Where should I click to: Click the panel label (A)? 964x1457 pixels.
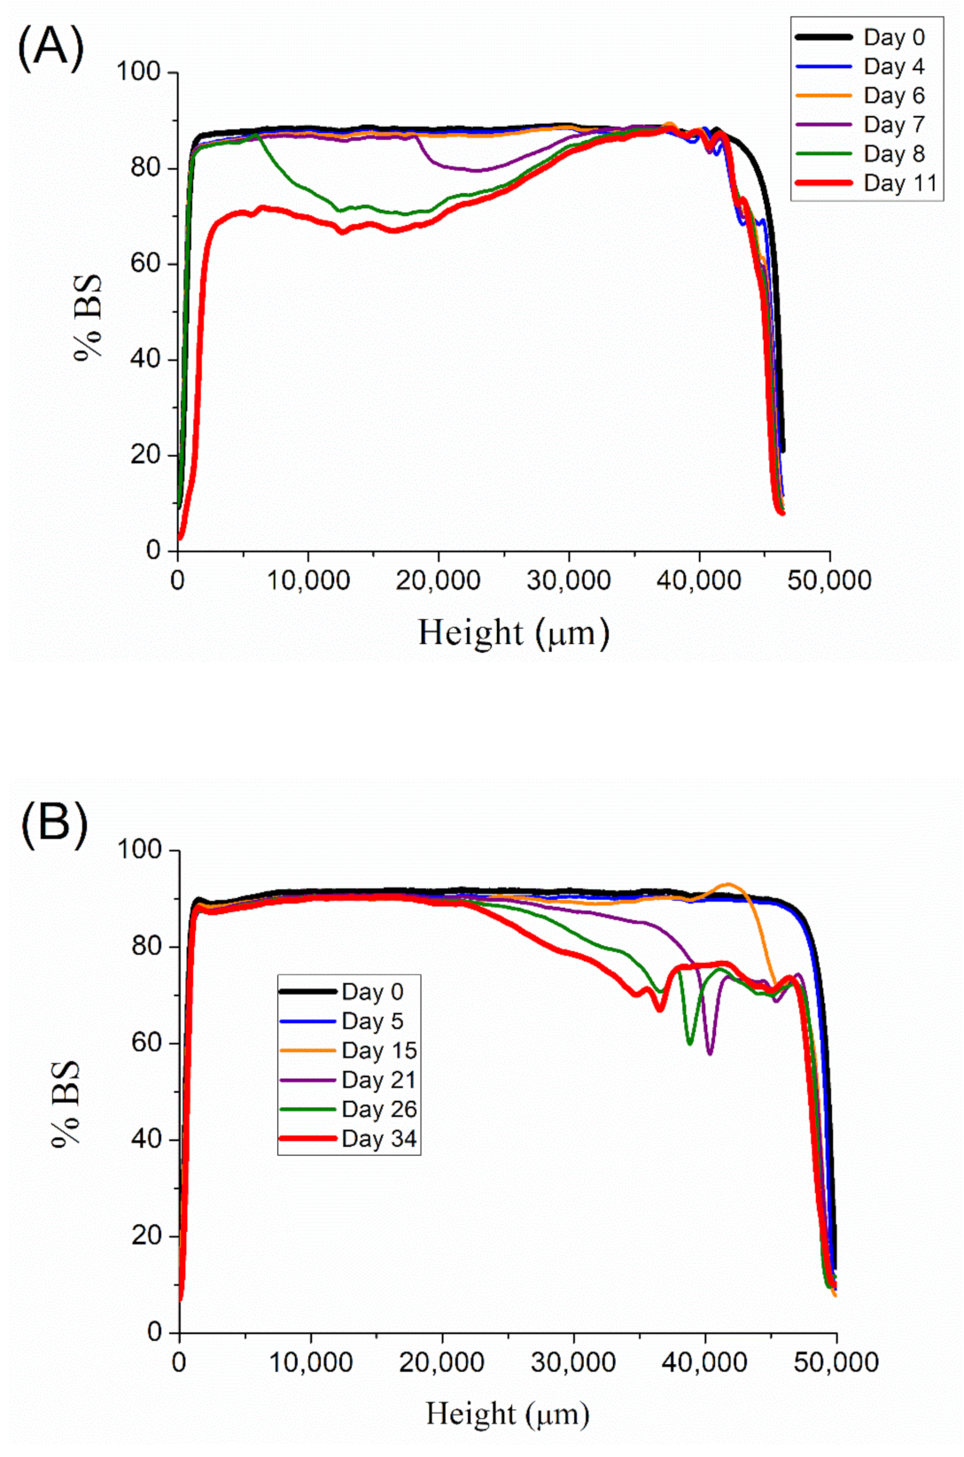(x=51, y=46)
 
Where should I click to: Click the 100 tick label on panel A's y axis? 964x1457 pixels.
(x=138, y=72)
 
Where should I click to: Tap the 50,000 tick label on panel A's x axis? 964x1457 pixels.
(x=829, y=581)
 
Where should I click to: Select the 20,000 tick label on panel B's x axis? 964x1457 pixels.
(x=441, y=1362)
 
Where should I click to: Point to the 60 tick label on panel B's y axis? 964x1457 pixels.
(x=146, y=1042)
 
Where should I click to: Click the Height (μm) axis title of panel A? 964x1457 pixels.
(x=514, y=633)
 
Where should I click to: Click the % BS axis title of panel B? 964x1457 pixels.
(x=67, y=1104)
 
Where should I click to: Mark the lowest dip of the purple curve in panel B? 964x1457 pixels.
(x=710, y=1053)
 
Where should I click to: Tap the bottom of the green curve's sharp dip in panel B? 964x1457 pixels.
(x=689, y=1043)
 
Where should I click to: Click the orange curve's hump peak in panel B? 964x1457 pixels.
(x=728, y=884)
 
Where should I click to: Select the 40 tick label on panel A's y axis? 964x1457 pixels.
(x=144, y=359)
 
